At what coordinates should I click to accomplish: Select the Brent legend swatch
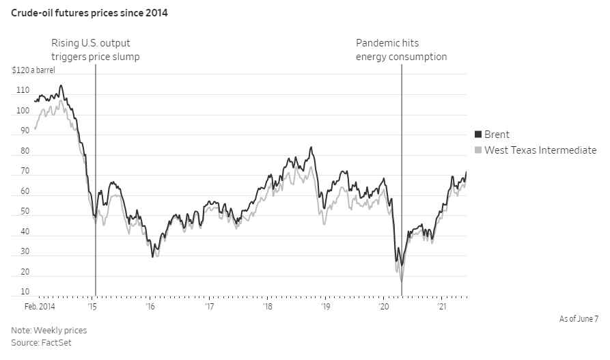(x=478, y=135)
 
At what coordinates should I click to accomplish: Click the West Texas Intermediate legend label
(x=540, y=150)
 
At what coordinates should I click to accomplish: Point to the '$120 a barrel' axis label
(x=34, y=70)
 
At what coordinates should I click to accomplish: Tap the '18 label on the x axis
(x=268, y=307)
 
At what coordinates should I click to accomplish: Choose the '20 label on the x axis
(x=384, y=307)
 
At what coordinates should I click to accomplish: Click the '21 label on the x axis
(x=442, y=307)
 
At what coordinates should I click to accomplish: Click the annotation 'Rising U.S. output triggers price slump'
(x=96, y=50)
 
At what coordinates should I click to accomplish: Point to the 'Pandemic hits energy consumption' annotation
(x=401, y=50)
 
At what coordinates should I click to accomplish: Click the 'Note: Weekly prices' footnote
(x=49, y=331)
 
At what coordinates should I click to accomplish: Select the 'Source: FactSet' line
(x=42, y=342)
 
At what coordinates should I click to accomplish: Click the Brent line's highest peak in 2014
(x=61, y=85)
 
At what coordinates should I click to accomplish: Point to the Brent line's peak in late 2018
(x=311, y=147)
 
